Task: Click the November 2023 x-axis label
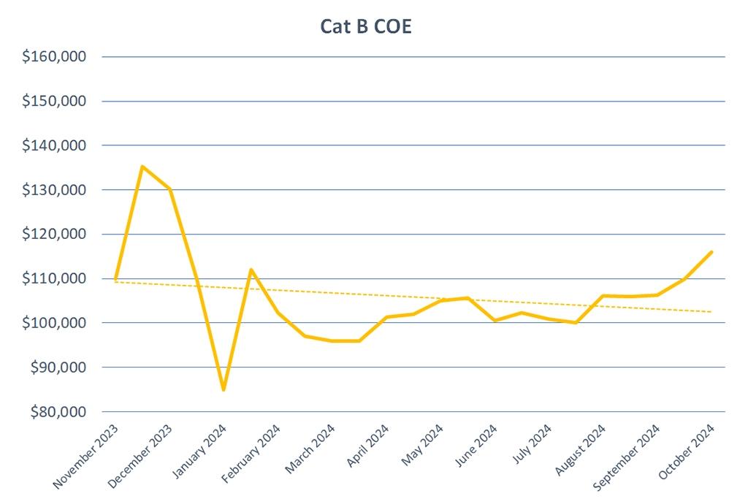coord(86,457)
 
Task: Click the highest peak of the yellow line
coord(142,167)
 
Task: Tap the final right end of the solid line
coord(711,252)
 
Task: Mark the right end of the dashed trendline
coord(711,312)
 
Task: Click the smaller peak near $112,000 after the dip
coord(251,270)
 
